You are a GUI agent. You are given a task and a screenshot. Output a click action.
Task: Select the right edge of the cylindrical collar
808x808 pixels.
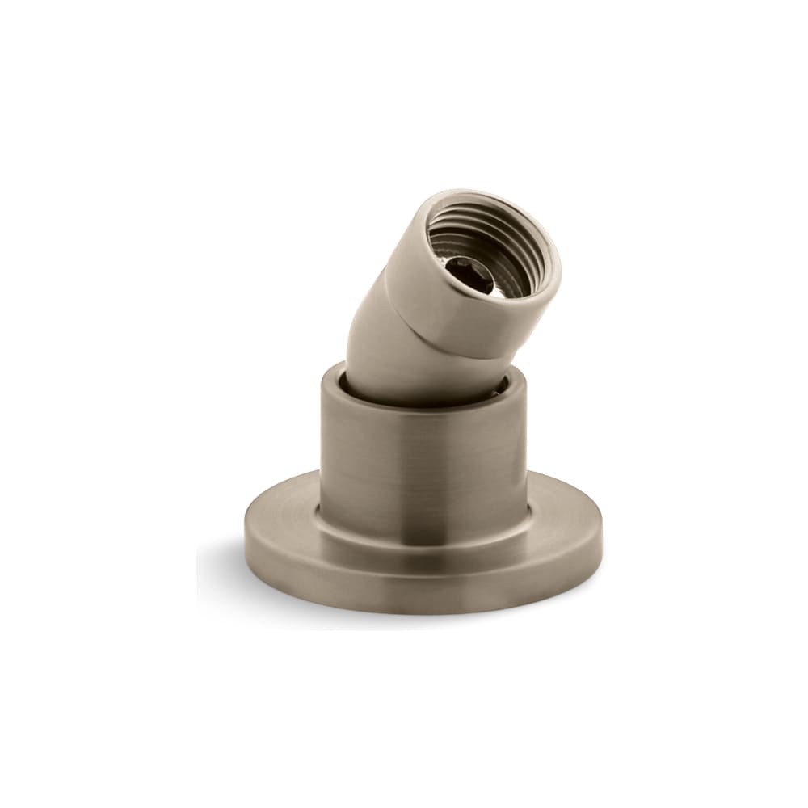coord(526,452)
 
